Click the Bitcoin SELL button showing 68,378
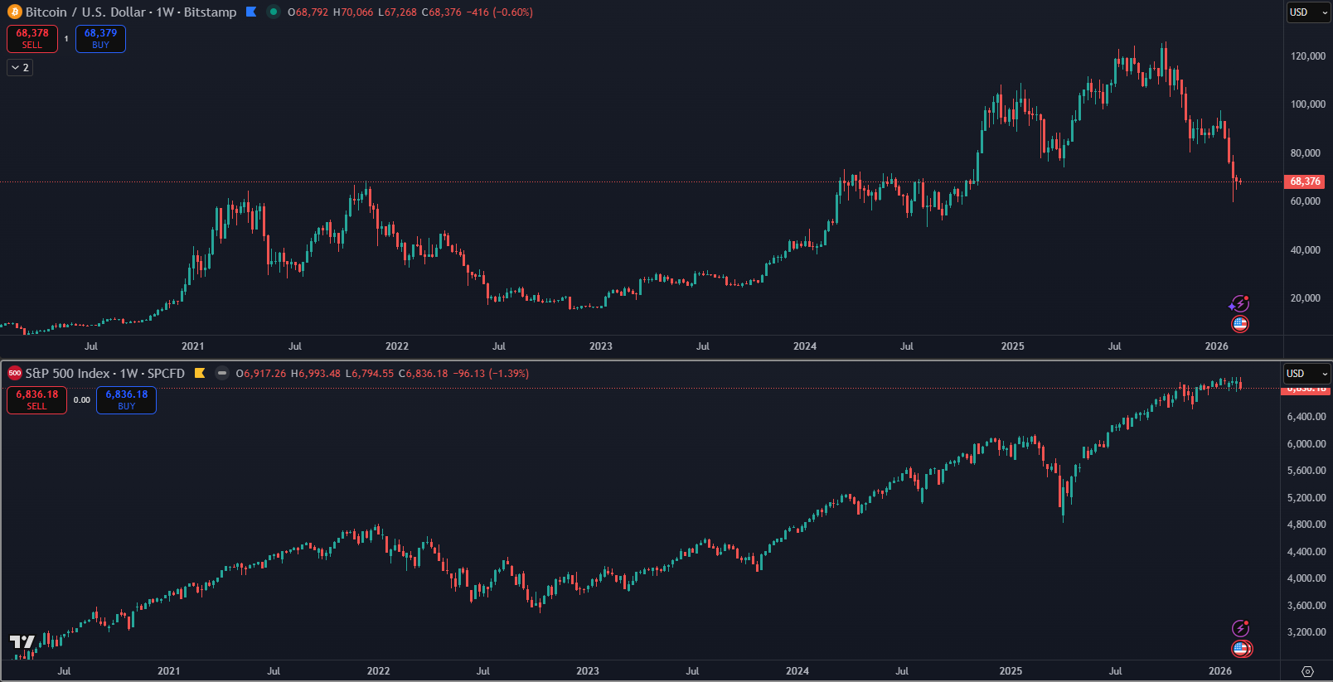tap(32, 39)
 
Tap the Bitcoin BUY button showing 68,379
tap(100, 39)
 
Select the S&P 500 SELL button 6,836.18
tap(36, 400)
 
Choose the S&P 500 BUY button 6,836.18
tap(126, 400)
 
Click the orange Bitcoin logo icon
tap(14, 12)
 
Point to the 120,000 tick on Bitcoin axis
tap(1308, 56)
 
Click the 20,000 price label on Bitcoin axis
tap(1306, 298)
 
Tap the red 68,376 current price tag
tap(1305, 181)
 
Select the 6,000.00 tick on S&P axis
tap(1306, 444)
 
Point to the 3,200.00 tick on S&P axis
tap(1306, 632)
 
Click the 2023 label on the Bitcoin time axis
tap(601, 346)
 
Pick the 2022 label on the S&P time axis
tap(378, 671)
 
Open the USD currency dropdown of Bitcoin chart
tap(1307, 12)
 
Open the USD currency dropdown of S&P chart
tap(1306, 374)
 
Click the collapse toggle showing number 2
tap(20, 68)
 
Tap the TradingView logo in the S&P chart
tap(22, 642)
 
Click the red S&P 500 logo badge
tap(14, 374)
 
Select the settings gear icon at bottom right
tap(1308, 671)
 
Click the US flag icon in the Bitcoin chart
tap(1240, 324)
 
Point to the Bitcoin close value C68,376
tap(441, 12)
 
